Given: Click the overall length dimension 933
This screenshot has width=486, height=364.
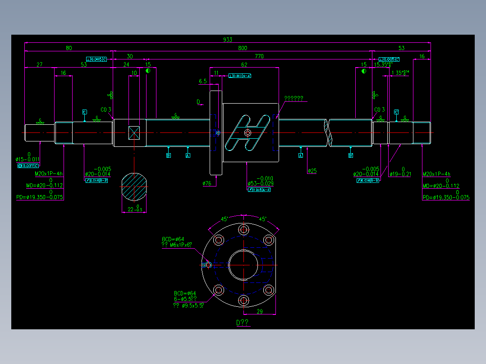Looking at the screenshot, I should pos(228,40).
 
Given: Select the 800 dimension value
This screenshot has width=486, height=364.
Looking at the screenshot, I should pos(243,48).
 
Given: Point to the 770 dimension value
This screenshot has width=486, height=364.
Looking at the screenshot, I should pos(259,56).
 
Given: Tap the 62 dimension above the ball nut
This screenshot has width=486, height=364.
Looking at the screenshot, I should pos(244,65).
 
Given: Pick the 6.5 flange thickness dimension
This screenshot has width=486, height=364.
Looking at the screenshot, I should pos(203,82).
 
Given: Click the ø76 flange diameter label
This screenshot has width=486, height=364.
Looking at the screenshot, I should pos(207,183).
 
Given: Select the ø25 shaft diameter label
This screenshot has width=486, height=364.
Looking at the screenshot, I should pos(312,171).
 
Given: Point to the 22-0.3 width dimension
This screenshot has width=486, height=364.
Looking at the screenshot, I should pos(135,209).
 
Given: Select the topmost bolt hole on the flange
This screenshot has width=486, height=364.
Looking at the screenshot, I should pos(243,230).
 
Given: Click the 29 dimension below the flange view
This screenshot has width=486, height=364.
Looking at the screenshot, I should pos(260,311).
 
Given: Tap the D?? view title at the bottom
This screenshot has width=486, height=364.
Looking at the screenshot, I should pos(242,323).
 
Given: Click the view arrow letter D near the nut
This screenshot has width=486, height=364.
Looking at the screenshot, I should pos(198,102).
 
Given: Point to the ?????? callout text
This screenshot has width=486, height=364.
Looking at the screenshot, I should pos(293,98).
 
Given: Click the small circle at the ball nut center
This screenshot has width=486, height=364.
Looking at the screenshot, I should pos(248,133).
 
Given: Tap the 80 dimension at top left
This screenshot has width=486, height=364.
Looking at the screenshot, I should pos(69,48).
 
